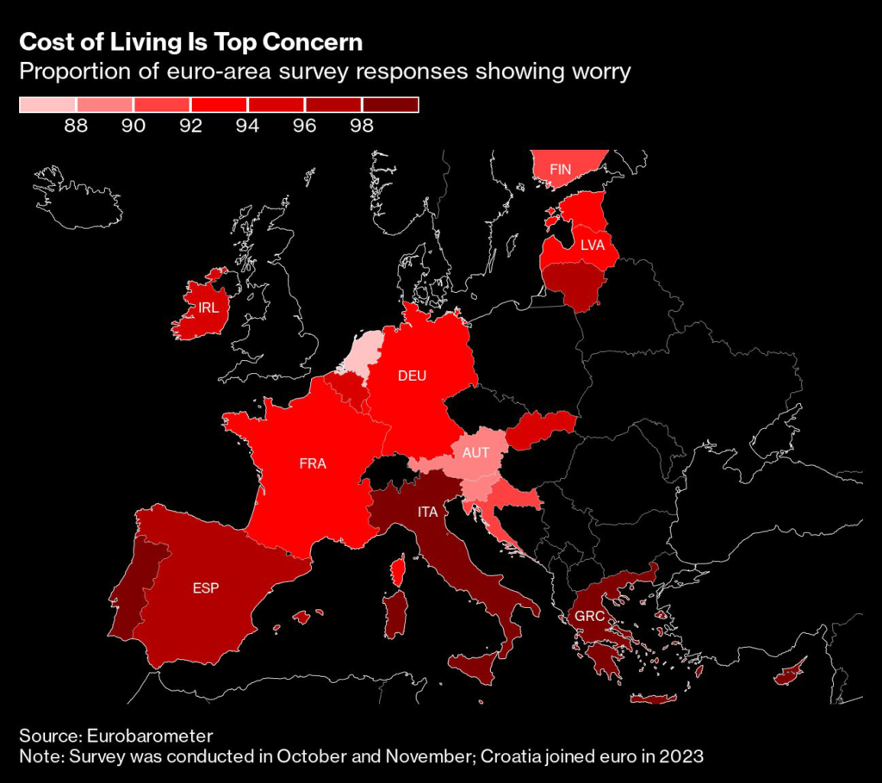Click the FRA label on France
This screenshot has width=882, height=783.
(313, 463)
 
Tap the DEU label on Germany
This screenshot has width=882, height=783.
(412, 376)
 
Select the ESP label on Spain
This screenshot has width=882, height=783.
(206, 589)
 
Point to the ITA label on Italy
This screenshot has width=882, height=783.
(428, 512)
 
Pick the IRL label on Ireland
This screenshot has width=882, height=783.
(208, 308)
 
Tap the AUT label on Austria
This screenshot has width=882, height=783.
(475, 452)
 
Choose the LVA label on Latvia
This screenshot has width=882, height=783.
(593, 245)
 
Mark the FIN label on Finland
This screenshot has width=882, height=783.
(561, 171)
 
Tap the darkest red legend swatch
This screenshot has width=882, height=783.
(390, 105)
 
